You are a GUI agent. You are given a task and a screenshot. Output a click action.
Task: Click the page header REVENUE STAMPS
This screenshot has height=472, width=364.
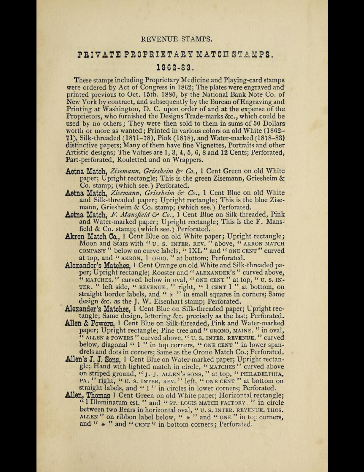tap(177, 39)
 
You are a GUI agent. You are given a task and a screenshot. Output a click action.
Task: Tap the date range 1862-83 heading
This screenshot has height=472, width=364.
tap(175, 68)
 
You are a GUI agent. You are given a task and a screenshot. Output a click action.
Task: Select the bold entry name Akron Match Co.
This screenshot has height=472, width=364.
tap(93, 237)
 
